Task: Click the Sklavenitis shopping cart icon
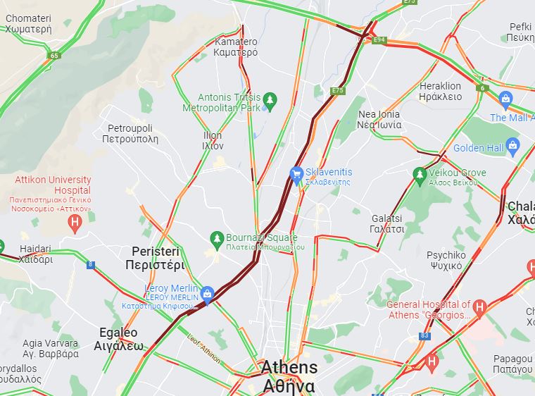pos(297,173)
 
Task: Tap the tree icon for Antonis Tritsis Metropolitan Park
pos(269,103)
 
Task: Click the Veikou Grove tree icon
pos(420,173)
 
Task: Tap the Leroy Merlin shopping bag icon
pos(207,294)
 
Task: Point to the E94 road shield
pos(379,40)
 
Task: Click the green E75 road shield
pos(338,90)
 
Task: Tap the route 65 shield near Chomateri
pos(54,55)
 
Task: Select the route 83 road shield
pos(424,336)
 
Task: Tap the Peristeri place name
pos(154,259)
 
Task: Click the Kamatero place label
pos(235,47)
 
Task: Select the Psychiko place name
pos(445,260)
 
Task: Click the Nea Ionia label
pos(379,119)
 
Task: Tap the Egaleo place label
pos(118,339)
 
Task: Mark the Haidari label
pos(35,254)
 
